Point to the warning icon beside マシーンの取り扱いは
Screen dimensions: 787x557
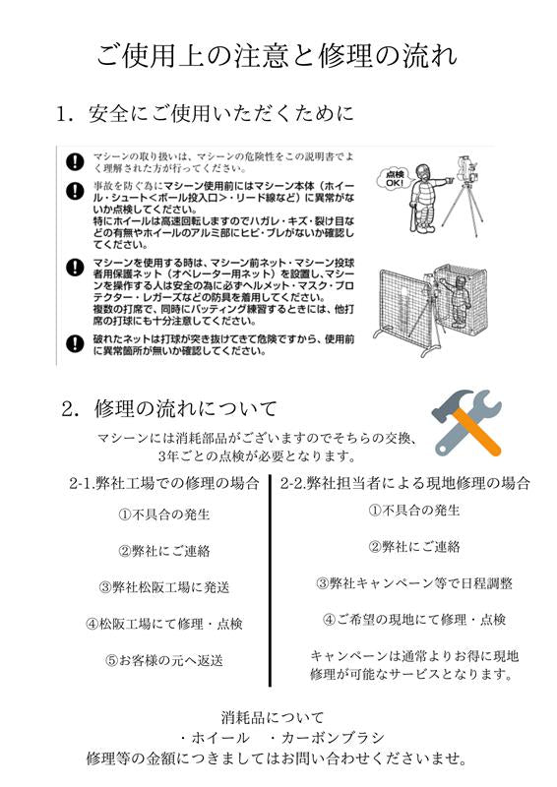pos(74,161)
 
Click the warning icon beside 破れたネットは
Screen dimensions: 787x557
pos(74,343)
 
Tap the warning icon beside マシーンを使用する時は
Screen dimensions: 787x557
pos(74,267)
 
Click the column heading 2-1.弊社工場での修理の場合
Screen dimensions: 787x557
pos(164,483)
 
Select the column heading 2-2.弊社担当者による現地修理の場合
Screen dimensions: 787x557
pos(405,483)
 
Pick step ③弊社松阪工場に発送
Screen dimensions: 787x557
pos(164,587)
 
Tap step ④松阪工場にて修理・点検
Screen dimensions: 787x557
pos(164,624)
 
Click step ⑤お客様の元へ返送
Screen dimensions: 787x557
pos(164,660)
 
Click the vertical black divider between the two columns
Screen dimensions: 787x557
pos(271,581)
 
